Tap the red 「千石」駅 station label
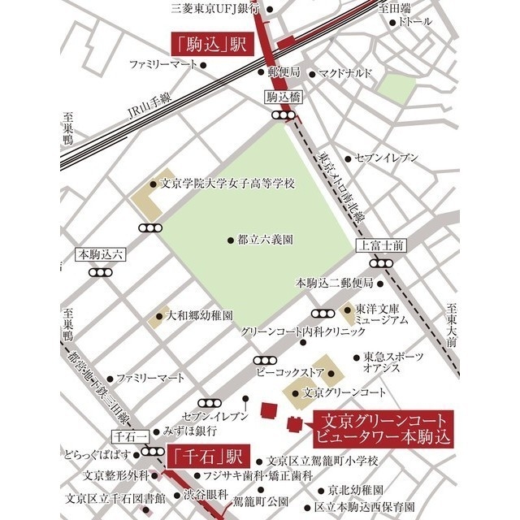(204, 456)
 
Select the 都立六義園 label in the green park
(265, 240)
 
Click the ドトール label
(415, 22)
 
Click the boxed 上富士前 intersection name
(378, 245)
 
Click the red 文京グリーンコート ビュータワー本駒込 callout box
(381, 427)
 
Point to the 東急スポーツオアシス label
(393, 362)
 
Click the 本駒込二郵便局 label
(334, 283)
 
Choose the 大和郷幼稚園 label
(200, 314)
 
